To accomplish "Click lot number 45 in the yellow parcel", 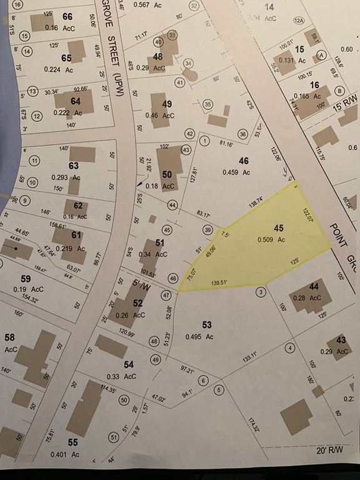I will coord(279,228).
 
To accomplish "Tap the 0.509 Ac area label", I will coord(272,239).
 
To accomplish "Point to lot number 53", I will coord(207,324).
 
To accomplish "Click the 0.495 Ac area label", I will coord(199,337).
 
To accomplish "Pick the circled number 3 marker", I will coord(261,292).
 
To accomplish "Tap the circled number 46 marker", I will coord(173,278).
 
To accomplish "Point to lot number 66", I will coord(67,16).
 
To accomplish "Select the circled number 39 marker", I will coord(207,231).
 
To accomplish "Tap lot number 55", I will coord(73,442).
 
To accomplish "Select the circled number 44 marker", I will coord(172,204).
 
